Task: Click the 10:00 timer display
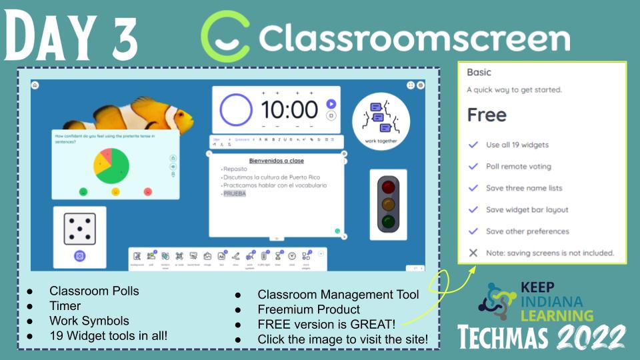coord(289,110)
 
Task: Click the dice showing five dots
coord(79,229)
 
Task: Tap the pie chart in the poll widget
coord(111,165)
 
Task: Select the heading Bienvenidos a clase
coord(276,161)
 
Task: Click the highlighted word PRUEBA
coord(235,193)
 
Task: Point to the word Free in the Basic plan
coord(487,115)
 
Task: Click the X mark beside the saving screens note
coord(473,253)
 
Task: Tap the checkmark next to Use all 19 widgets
coord(473,145)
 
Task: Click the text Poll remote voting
coord(518,167)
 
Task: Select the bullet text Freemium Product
coord(309,309)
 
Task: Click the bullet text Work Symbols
coord(89,321)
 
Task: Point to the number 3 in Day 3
coord(120,38)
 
